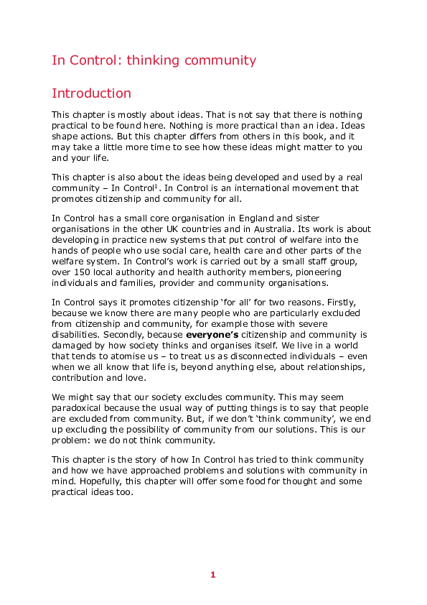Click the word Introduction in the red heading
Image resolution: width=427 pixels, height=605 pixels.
pyautogui.click(x=91, y=93)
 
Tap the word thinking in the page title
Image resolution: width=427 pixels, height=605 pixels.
pyautogui.click(x=154, y=60)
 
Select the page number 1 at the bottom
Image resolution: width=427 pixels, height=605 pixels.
pyautogui.click(x=212, y=575)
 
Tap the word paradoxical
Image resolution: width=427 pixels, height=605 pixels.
pyautogui.click(x=80, y=408)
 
